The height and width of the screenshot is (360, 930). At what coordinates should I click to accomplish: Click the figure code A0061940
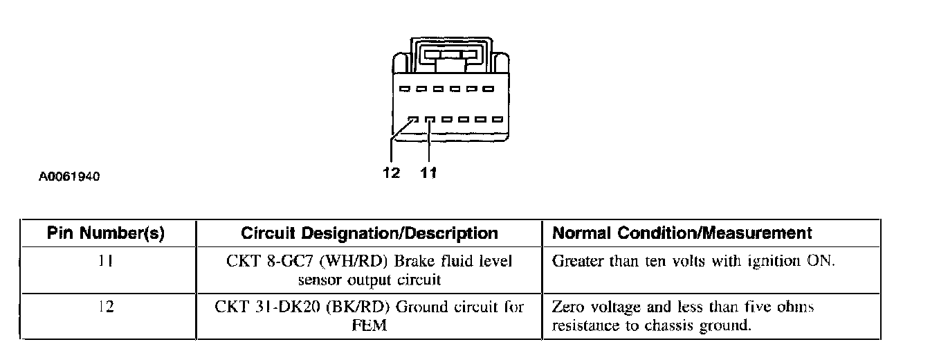click(x=70, y=177)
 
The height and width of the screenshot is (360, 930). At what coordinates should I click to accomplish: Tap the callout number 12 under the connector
click(x=391, y=173)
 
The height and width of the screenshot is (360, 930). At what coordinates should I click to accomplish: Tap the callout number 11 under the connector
click(x=429, y=173)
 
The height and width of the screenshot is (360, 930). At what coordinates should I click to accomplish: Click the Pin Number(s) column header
click(x=106, y=233)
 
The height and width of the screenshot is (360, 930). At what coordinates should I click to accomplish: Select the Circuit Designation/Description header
click(x=370, y=233)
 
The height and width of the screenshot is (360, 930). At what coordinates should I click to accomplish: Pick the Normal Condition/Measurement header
click(x=682, y=233)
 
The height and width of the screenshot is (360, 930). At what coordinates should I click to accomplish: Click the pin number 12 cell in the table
click(x=106, y=307)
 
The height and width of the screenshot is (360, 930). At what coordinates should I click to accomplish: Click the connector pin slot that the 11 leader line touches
click(x=430, y=119)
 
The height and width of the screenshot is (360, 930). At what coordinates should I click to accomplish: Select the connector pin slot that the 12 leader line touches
click(x=412, y=119)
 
